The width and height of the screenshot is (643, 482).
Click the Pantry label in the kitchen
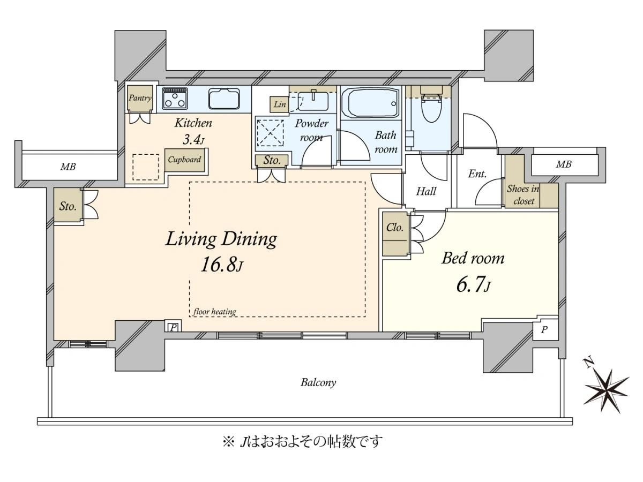(140, 98)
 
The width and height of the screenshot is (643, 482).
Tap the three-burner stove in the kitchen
(175, 99)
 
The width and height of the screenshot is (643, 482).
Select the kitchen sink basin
(224, 99)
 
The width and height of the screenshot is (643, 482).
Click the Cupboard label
(184, 160)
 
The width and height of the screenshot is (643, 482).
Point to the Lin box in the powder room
(280, 104)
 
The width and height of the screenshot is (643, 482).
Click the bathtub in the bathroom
(371, 102)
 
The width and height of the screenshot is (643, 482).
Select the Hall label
(426, 192)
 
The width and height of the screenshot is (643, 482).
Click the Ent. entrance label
(477, 174)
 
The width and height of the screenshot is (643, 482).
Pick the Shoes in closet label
(524, 195)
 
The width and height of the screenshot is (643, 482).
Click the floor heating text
(215, 312)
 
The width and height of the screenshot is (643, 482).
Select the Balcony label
(318, 382)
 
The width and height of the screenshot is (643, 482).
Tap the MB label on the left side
(68, 167)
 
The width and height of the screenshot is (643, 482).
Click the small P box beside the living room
(173, 327)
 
